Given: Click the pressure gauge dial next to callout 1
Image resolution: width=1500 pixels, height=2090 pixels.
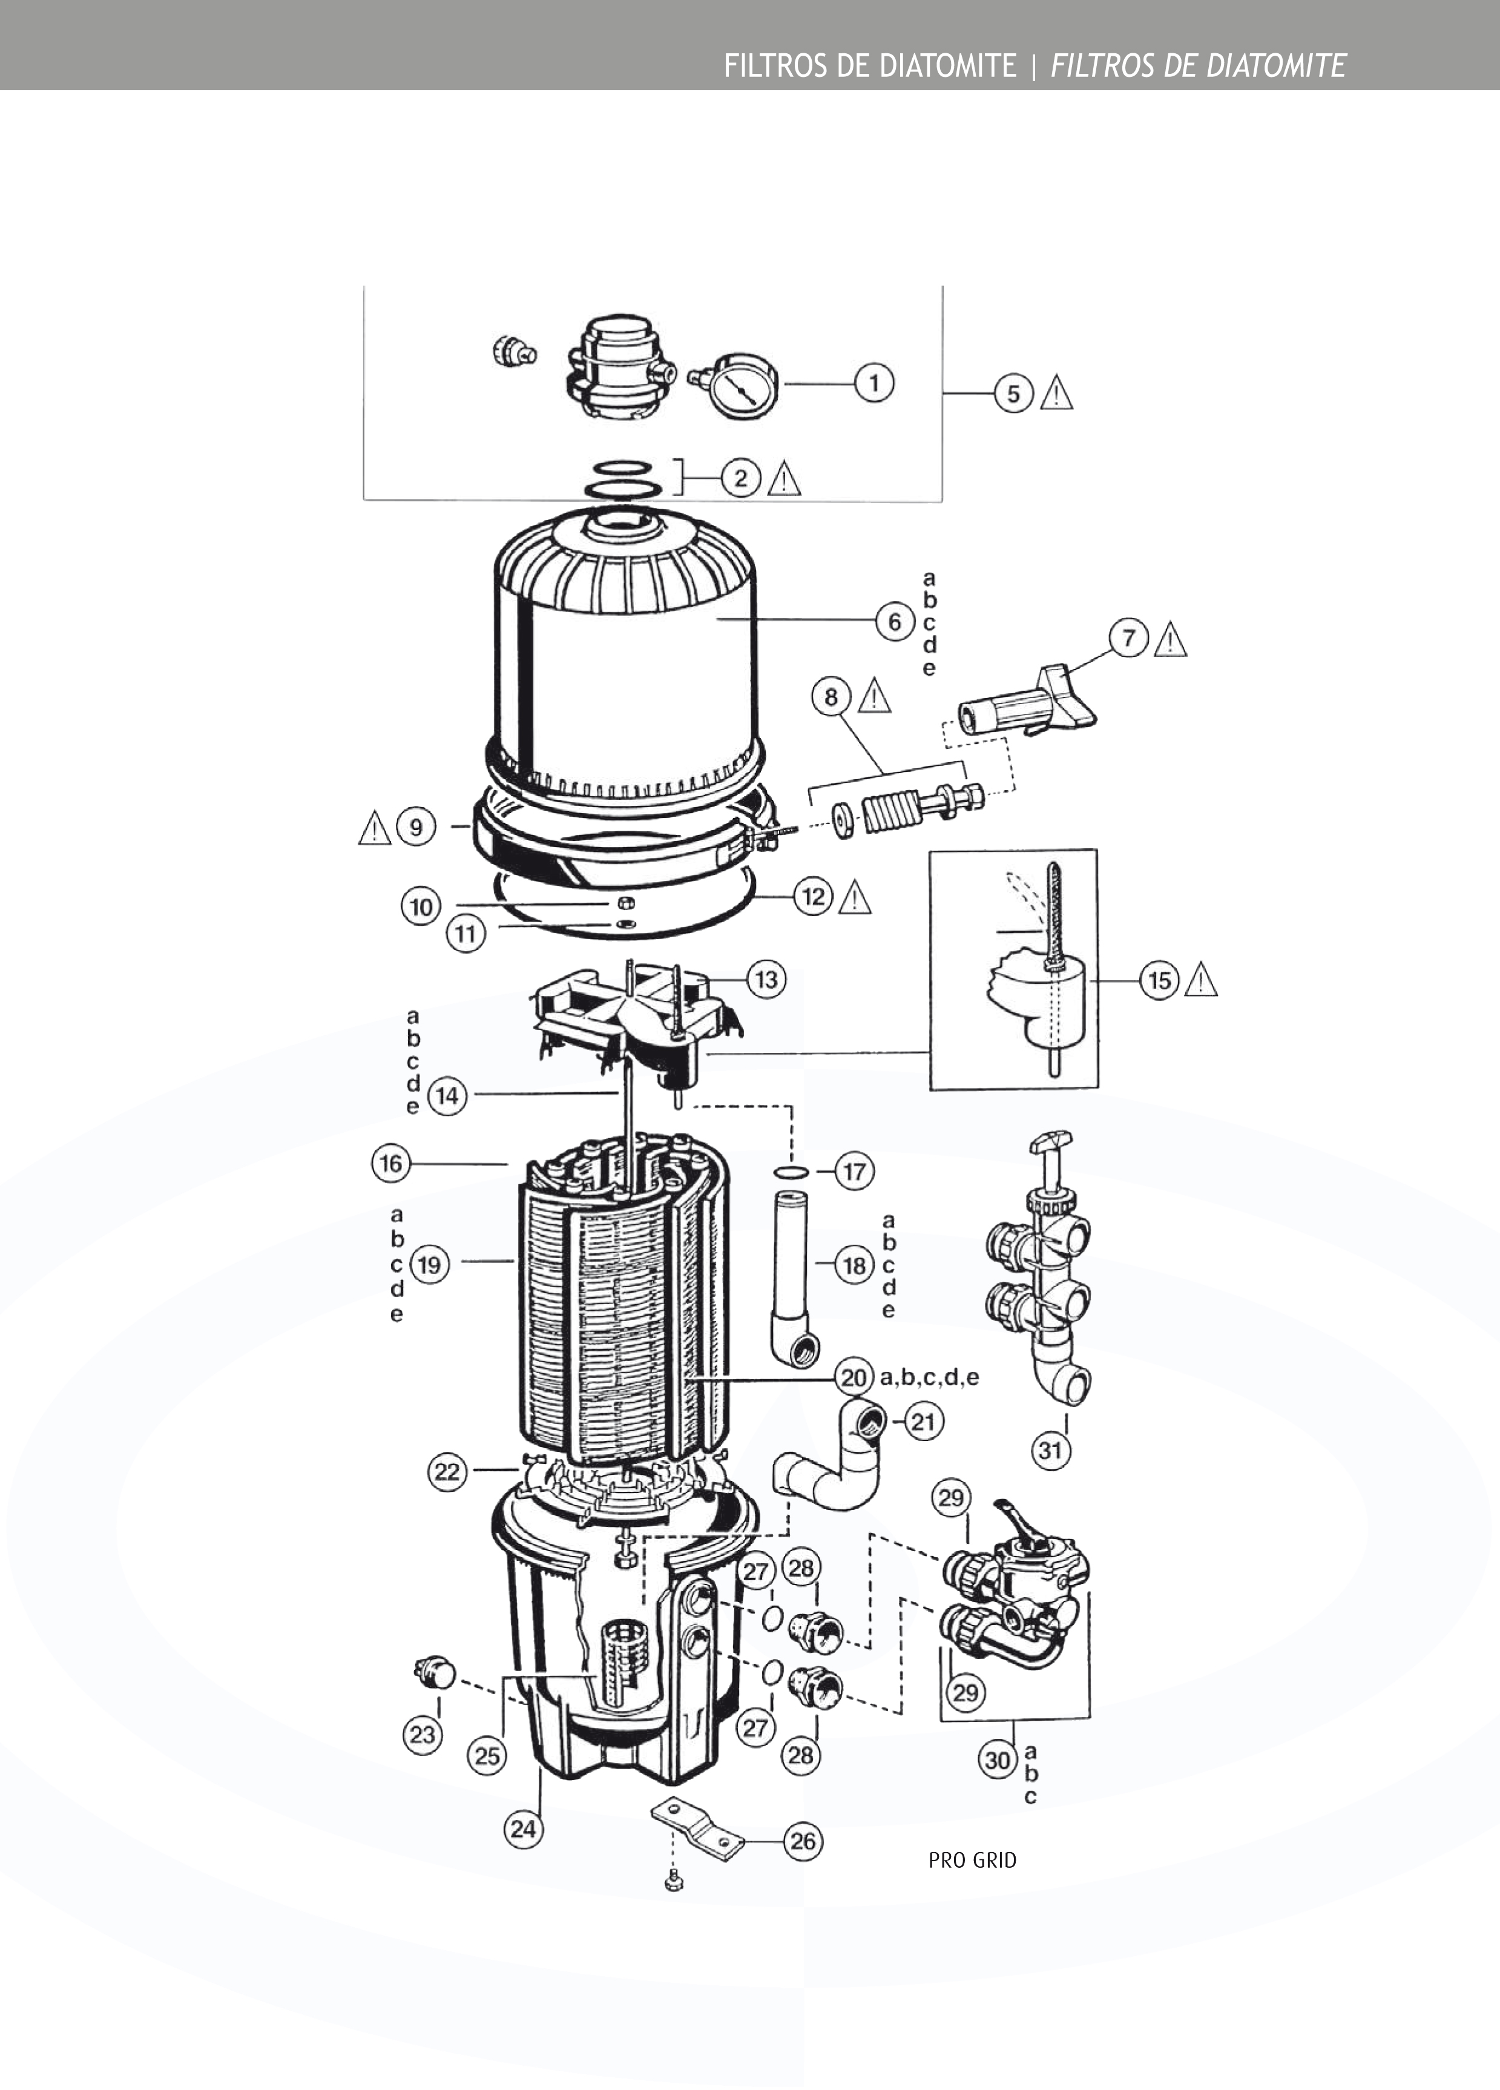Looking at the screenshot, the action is pyautogui.click(x=743, y=385).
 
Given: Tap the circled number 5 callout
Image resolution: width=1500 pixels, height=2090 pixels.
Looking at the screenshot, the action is pyautogui.click(x=1013, y=394).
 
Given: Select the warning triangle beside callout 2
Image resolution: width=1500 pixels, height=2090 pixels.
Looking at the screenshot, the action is pyautogui.click(x=783, y=478).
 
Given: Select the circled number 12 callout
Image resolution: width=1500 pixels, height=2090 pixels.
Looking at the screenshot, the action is pyautogui.click(x=814, y=895).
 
